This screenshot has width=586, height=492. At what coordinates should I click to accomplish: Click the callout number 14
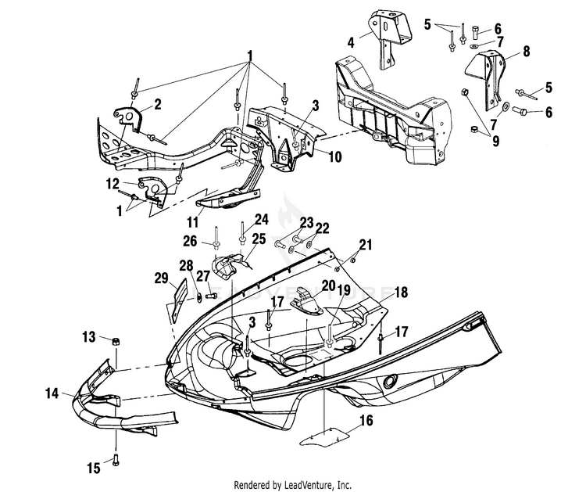coord(52,393)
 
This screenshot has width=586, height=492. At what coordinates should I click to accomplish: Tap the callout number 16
coord(366,420)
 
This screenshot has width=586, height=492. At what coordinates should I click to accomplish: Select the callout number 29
coord(162,278)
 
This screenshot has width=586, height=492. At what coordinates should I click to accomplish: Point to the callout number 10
coord(335,156)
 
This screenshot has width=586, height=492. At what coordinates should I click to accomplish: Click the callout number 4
coord(351,43)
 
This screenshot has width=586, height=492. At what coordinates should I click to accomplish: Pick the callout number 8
coord(527,52)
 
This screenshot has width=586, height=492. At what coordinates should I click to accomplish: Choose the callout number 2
coord(158,104)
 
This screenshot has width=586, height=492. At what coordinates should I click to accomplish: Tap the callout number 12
coord(113,184)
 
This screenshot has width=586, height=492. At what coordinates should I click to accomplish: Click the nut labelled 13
coord(116,342)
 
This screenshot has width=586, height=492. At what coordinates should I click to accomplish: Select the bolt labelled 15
coord(116,458)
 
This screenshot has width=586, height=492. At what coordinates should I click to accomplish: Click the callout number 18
coord(401,293)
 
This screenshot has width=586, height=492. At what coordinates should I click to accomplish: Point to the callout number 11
coord(192,222)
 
